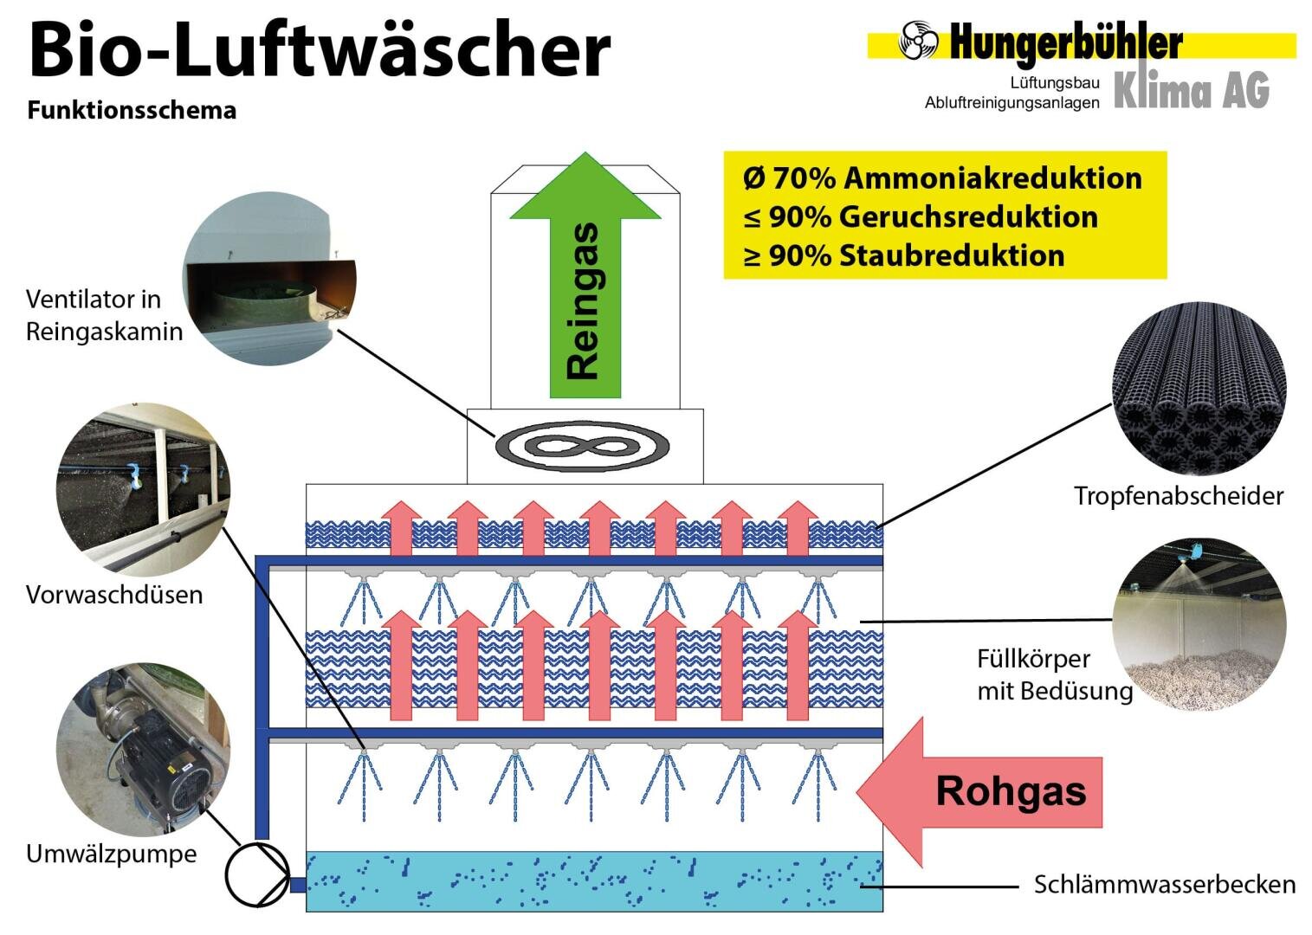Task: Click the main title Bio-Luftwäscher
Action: (x=320, y=49)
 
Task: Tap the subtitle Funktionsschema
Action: (x=132, y=110)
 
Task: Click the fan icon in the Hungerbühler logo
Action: (x=918, y=40)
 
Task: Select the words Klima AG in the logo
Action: (x=1192, y=90)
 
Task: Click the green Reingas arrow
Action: (x=585, y=275)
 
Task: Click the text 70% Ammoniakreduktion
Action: (x=956, y=178)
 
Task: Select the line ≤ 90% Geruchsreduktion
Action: (x=921, y=217)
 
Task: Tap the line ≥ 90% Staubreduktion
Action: (x=904, y=256)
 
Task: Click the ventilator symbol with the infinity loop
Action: (x=582, y=446)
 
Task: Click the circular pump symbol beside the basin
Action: (x=257, y=875)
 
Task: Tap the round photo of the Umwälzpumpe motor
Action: (x=143, y=750)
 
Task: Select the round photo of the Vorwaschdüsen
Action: (x=143, y=489)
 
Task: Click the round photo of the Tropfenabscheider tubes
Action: (x=1199, y=389)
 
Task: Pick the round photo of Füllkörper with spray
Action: (x=1199, y=624)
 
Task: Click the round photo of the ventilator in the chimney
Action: (x=269, y=280)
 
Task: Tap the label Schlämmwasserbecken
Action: (x=1165, y=884)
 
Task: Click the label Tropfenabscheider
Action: (x=1179, y=496)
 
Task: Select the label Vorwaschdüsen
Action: (x=114, y=595)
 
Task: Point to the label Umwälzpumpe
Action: (x=112, y=854)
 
